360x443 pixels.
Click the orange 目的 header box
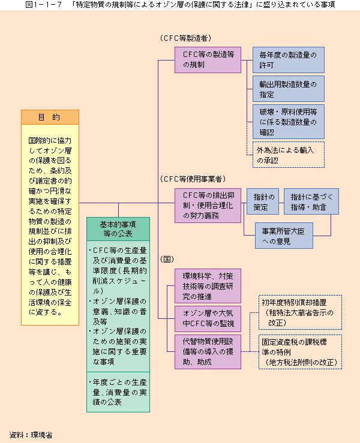pyautogui.click(x=50, y=117)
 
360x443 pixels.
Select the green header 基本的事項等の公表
pyautogui.click(x=118, y=229)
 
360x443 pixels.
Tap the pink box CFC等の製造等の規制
pyautogui.click(x=208, y=60)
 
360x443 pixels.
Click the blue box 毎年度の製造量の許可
pyautogui.click(x=289, y=60)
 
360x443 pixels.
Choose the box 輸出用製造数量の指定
pyautogui.click(x=289, y=89)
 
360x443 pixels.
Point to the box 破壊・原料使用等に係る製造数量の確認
pyautogui.click(x=289, y=122)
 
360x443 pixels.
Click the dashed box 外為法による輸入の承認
pyautogui.click(x=289, y=155)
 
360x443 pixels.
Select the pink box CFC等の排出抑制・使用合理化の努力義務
pyautogui.click(x=208, y=206)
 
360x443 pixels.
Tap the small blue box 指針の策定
pyautogui.click(x=263, y=201)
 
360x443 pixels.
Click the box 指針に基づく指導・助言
pyautogui.click(x=311, y=201)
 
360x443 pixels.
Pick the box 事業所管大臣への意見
pyautogui.click(x=284, y=236)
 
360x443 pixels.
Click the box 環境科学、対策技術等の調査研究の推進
pyautogui.click(x=208, y=286)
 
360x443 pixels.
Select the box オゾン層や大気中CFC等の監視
pyautogui.click(x=208, y=319)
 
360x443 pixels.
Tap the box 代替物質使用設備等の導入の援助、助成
pyautogui.click(x=208, y=352)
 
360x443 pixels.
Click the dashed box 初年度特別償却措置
pyautogui.click(x=301, y=312)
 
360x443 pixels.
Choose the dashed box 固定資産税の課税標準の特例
pyautogui.click(x=301, y=352)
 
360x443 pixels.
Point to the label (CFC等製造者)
pyautogui.click(x=186, y=38)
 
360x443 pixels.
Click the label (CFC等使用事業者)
pyautogui.click(x=193, y=179)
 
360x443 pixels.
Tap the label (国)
pyautogui.click(x=167, y=259)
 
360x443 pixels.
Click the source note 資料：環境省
pyautogui.click(x=31, y=435)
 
